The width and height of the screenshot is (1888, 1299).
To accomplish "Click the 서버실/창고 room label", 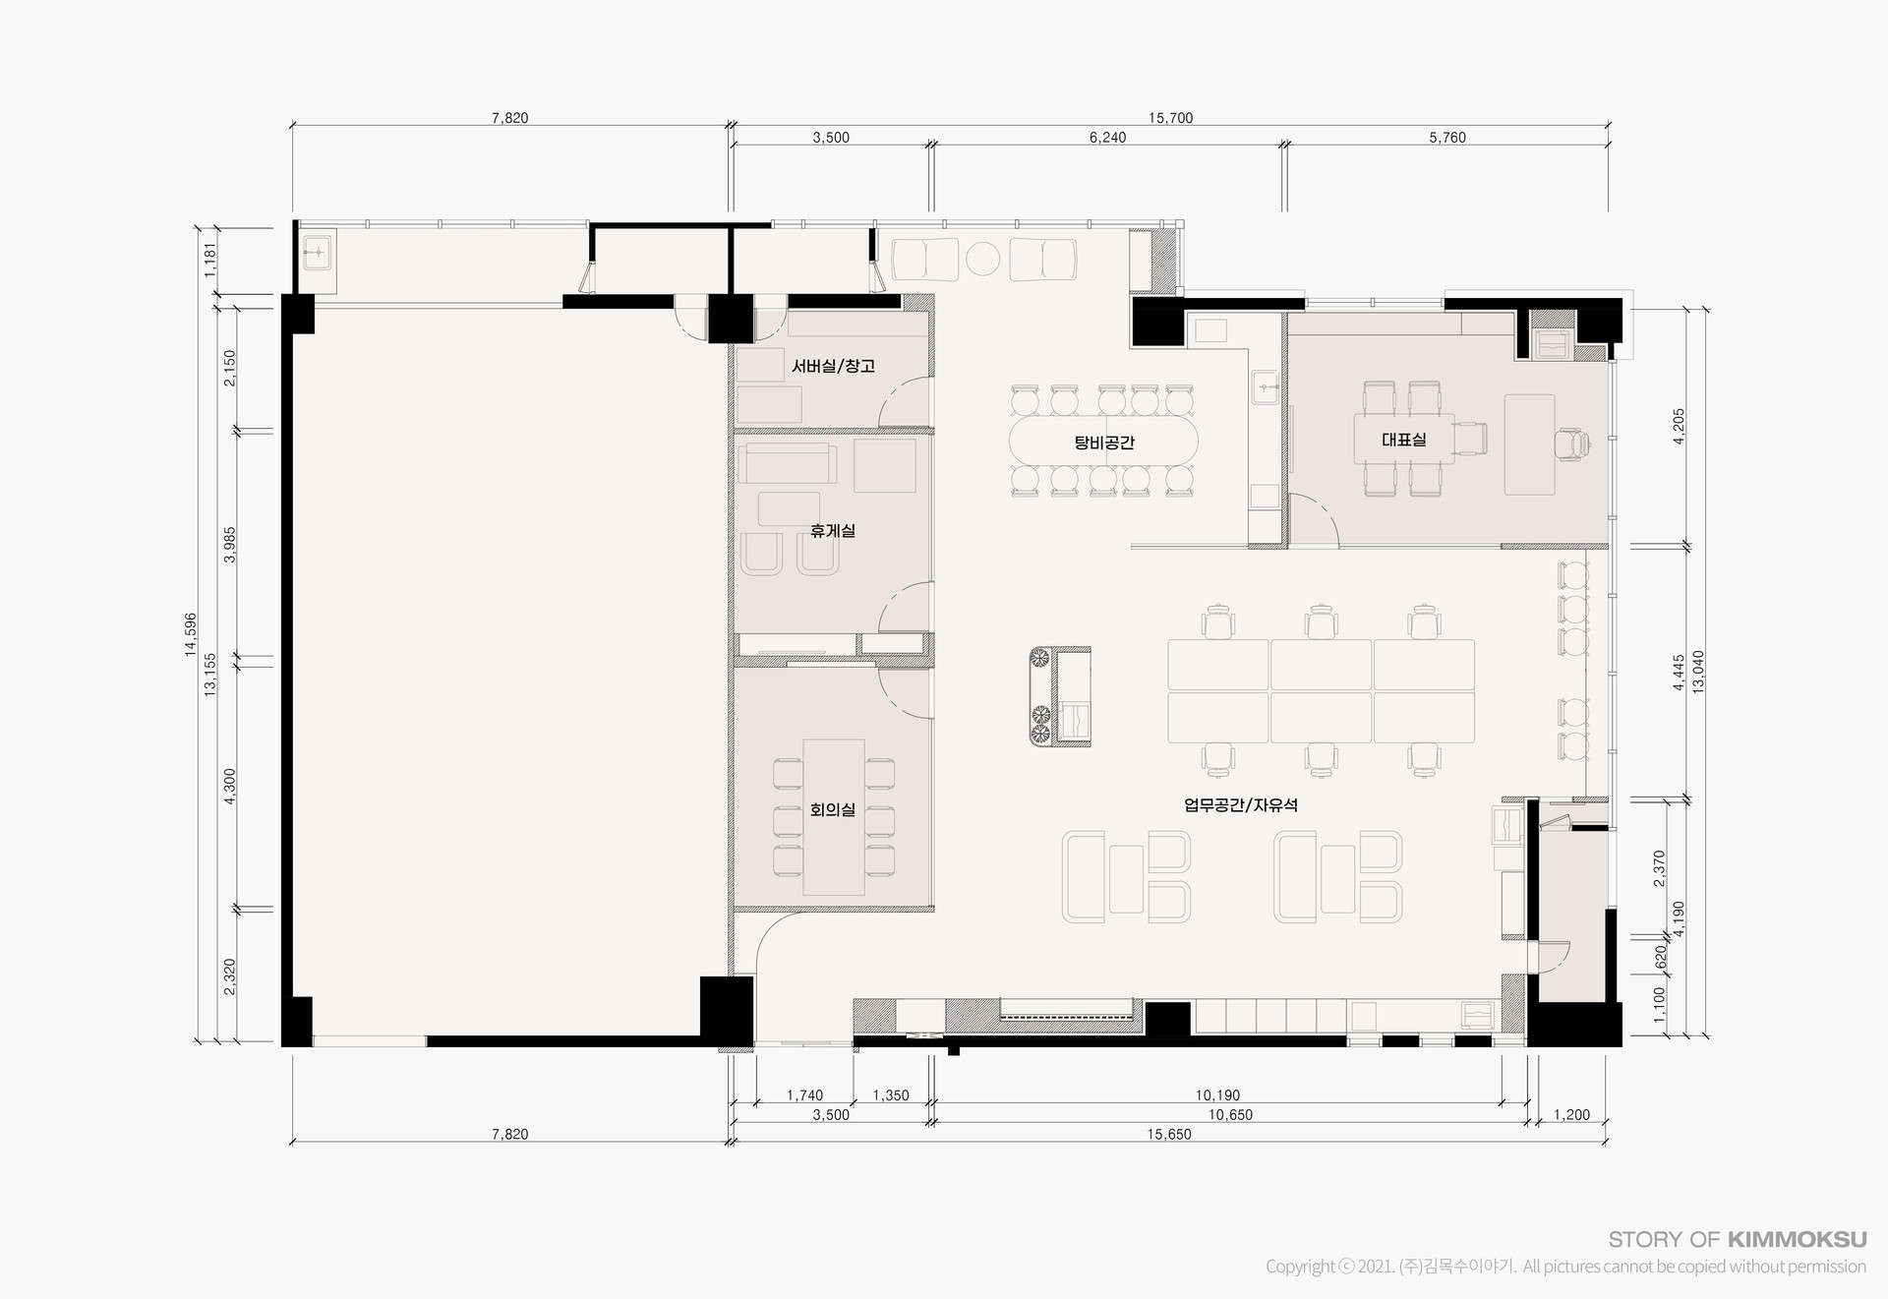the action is pos(833,366).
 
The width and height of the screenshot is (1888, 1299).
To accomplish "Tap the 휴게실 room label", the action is pos(833,531).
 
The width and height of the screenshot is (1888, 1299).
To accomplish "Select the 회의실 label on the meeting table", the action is pos(833,810).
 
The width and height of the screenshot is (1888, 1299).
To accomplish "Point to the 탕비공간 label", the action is pos(1104,443).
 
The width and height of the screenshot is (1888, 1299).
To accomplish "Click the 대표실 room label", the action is pos(1404,440).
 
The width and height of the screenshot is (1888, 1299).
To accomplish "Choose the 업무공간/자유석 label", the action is pos(1241,805).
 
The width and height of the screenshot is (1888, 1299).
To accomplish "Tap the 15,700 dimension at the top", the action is pos(1170,118).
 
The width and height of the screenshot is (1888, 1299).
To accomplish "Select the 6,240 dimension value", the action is pos(1108,138).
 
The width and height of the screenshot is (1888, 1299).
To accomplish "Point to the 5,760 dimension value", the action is pos(1447,138).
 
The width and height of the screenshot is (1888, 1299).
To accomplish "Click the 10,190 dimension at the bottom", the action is pos(1217,1095).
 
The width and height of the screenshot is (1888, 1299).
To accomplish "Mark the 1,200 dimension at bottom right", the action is pos(1571,1115).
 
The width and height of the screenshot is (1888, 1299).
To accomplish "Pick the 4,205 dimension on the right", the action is pos(1679,426).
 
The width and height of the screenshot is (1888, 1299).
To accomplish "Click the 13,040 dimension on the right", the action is pos(1698,672).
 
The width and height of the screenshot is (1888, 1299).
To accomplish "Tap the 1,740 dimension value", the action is pos(805,1095).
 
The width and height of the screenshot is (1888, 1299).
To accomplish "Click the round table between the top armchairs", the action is pos(982,259).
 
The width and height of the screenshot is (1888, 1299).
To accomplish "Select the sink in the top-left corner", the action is pos(319,254).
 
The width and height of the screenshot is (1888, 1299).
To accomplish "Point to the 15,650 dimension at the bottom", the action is pos(1169,1135).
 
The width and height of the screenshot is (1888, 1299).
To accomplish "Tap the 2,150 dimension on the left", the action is pos(229,368).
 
